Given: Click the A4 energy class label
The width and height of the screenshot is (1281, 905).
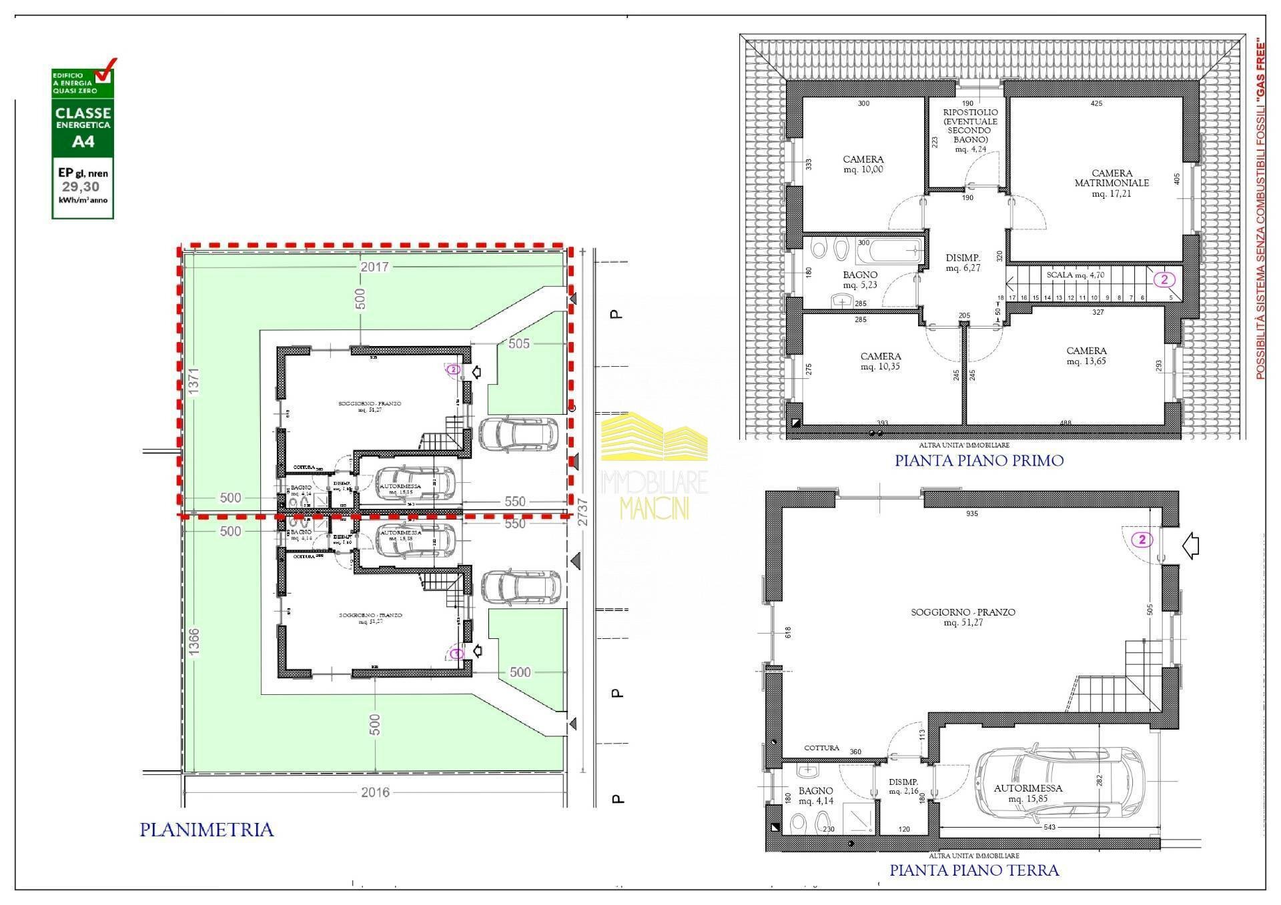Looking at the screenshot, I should pyautogui.click(x=83, y=141).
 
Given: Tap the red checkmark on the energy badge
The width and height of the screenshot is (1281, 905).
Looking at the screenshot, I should pyautogui.click(x=105, y=69).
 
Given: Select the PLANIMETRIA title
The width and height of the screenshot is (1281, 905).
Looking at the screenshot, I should pyautogui.click(x=207, y=830).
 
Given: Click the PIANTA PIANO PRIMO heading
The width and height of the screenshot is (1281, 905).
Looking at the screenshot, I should pyautogui.click(x=979, y=460).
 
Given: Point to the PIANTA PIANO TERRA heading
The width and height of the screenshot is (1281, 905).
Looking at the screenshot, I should pyautogui.click(x=974, y=870).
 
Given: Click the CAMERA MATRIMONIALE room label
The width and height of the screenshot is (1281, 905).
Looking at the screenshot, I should pyautogui.click(x=1112, y=178).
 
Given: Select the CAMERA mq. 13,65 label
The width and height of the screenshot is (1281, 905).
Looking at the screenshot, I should pyautogui.click(x=1086, y=355).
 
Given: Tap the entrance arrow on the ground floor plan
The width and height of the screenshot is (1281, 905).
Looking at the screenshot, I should pyautogui.click(x=1190, y=547).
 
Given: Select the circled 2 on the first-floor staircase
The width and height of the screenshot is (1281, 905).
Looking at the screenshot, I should pyautogui.click(x=1164, y=279).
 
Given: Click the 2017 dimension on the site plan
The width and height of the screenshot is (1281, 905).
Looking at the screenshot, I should pyautogui.click(x=374, y=267).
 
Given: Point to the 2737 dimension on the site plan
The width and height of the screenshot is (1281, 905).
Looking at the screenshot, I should pyautogui.click(x=584, y=512).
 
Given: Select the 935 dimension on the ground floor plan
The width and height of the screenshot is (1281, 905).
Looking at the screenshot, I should pyautogui.click(x=971, y=514).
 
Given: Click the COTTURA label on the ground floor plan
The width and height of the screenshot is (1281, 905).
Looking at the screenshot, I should pyautogui.click(x=821, y=748).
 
